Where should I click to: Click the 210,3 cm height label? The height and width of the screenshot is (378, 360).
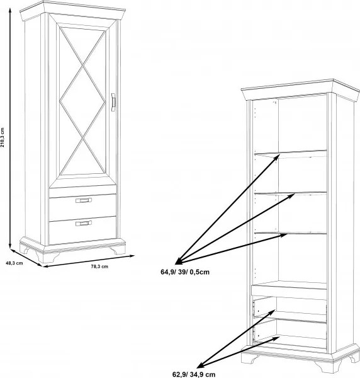click(x=3, y=137)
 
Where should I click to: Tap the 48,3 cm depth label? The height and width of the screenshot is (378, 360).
click(x=14, y=263)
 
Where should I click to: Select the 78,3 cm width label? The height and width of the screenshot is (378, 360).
click(x=99, y=266)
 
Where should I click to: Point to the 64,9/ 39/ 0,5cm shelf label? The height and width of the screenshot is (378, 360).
click(x=185, y=272)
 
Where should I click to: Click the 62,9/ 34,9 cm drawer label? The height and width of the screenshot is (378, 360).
click(x=194, y=374)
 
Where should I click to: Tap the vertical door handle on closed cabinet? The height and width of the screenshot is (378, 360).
click(x=113, y=102)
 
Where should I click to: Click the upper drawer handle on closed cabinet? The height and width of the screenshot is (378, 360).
click(x=84, y=200)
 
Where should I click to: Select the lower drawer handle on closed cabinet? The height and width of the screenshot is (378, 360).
click(x=84, y=224)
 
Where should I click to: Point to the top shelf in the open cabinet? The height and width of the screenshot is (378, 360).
click(x=291, y=154)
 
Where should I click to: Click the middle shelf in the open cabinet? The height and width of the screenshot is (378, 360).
click(x=291, y=193)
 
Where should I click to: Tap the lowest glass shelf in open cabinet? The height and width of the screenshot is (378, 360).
click(x=291, y=233)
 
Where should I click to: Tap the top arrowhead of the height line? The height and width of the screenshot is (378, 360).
click(x=10, y=10)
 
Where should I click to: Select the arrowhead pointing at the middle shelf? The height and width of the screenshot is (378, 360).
click(x=291, y=195)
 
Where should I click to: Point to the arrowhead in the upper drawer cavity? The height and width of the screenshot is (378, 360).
click(x=273, y=312)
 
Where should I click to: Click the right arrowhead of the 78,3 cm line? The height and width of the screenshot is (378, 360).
click(x=132, y=256)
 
